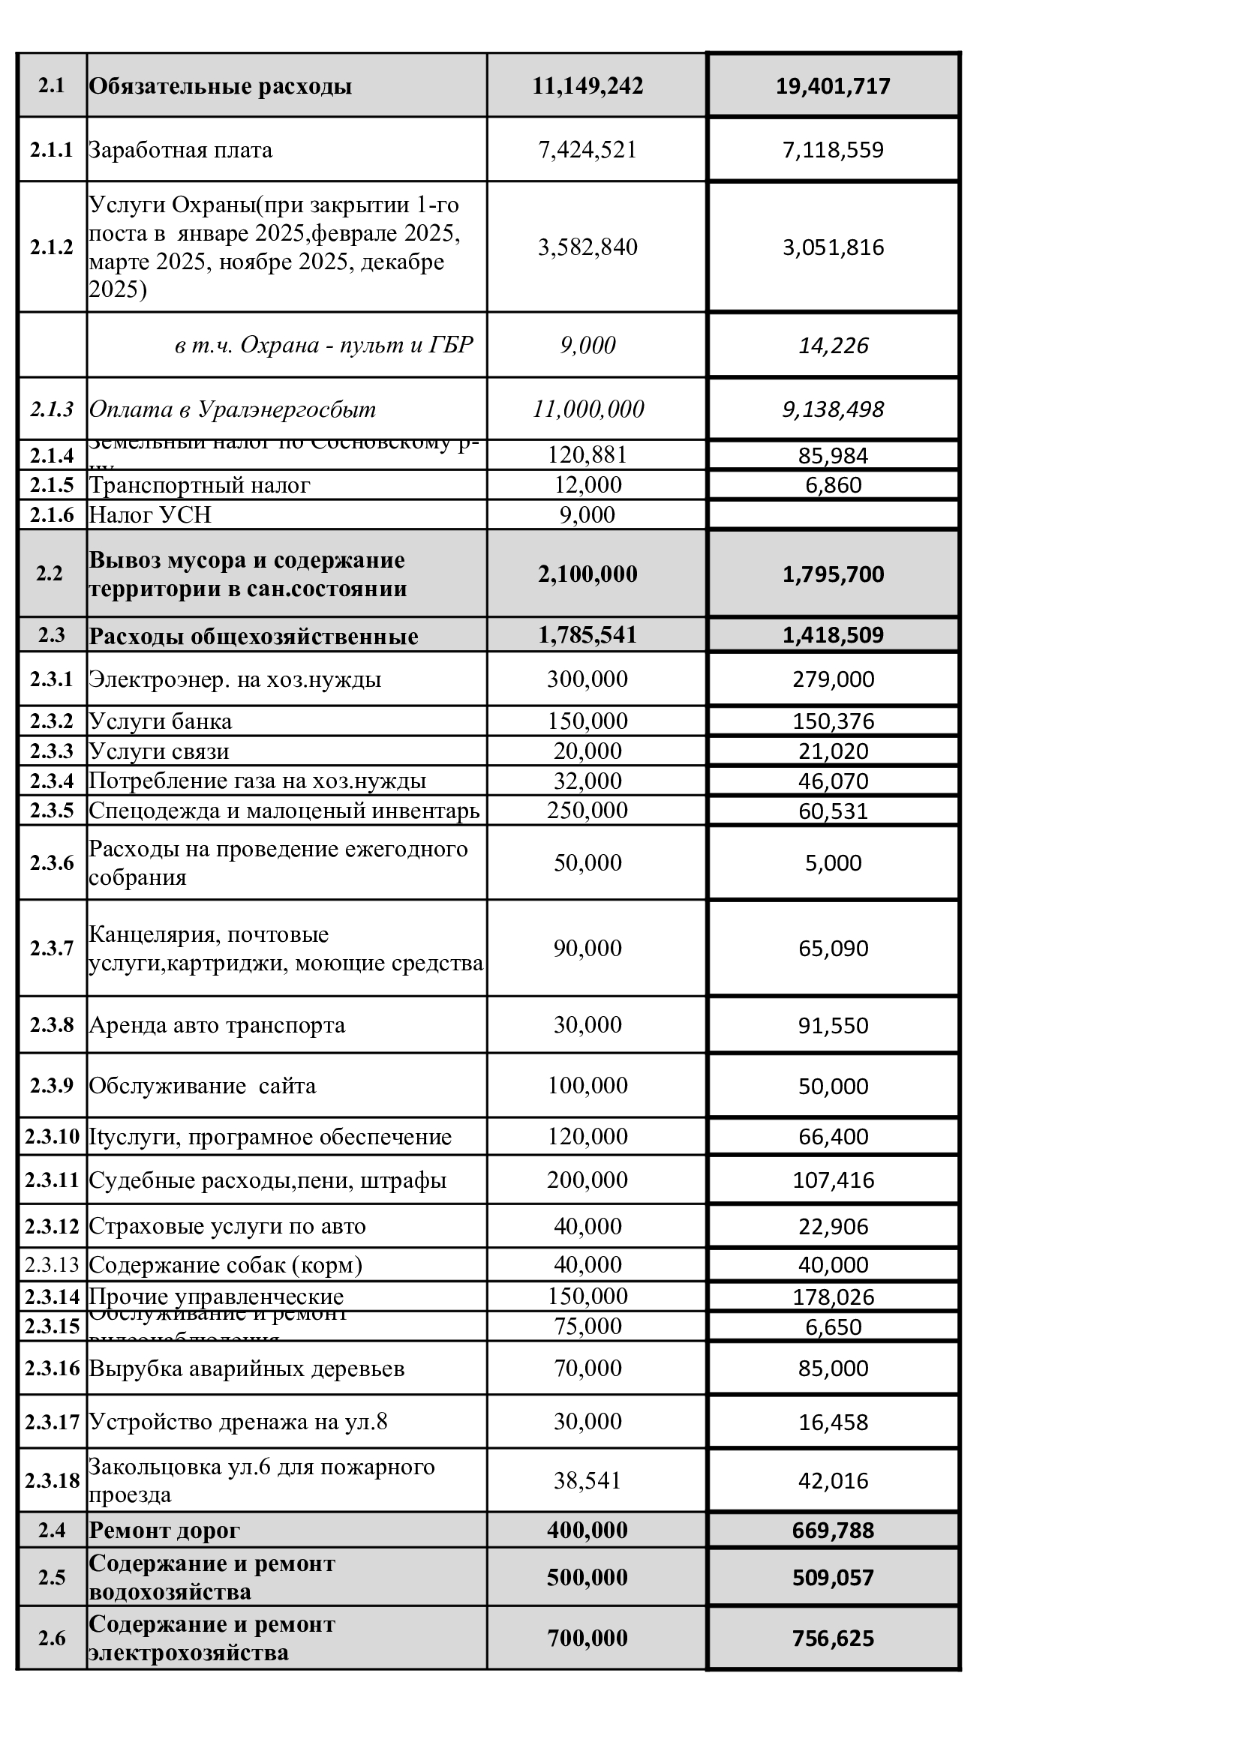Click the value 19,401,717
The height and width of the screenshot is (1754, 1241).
coord(833,85)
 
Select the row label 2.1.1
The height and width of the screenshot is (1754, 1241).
coord(51,150)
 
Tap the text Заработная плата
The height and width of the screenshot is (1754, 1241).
coord(180,150)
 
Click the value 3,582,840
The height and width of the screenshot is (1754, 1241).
coord(587,247)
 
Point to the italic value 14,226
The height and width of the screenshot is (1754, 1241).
coord(833,345)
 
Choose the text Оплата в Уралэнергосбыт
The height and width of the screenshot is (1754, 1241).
coord(233,409)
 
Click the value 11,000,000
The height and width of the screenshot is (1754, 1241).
coord(587,409)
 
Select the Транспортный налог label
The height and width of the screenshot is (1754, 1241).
coord(200,485)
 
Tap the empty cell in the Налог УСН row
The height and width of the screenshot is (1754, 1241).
coord(833,515)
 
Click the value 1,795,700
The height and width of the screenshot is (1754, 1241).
coord(833,574)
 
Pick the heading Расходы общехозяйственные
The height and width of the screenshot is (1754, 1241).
coord(254,637)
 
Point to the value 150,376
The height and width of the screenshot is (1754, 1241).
coord(833,721)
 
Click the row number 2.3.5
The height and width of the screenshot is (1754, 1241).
coord(51,810)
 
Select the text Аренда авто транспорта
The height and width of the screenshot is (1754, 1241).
coord(217,1024)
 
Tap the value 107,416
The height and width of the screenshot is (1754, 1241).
coord(833,1180)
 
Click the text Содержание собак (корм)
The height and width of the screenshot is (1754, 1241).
coord(225,1265)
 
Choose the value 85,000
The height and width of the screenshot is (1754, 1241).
coord(833,1369)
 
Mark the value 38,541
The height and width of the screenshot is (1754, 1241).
coord(587,1480)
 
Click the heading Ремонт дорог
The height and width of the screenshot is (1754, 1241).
coord(164,1531)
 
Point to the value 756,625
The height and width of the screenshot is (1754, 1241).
coord(833,1638)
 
